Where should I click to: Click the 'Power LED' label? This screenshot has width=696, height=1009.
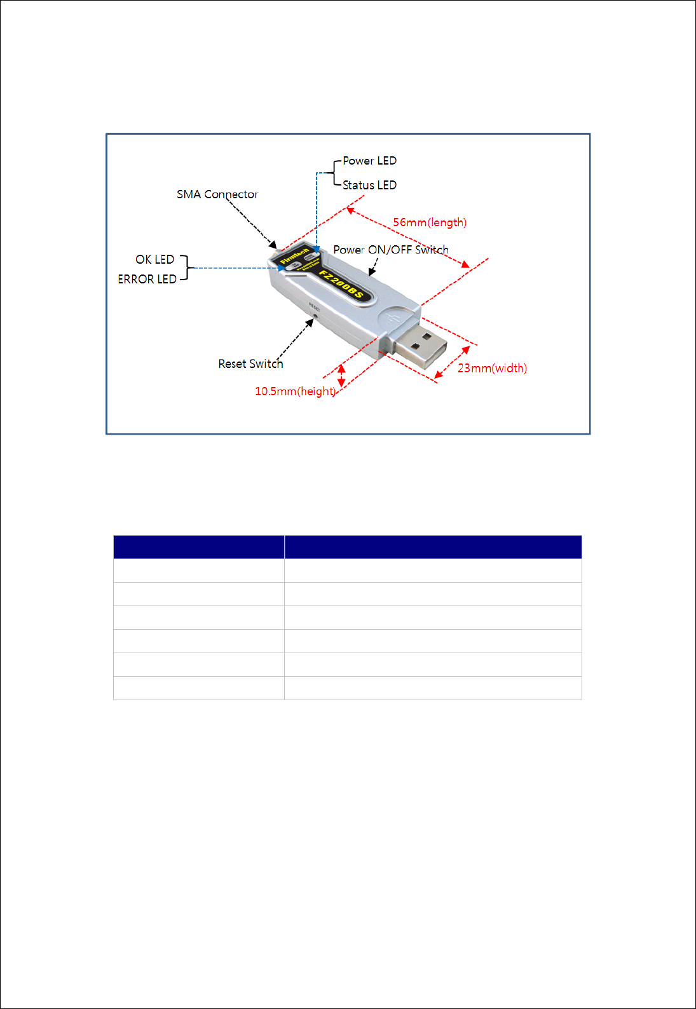(369, 161)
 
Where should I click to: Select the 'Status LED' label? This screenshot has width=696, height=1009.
(369, 185)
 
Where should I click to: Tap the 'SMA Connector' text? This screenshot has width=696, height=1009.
(217, 194)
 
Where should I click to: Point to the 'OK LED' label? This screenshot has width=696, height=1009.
(154, 259)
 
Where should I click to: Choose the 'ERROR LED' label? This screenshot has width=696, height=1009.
(147, 279)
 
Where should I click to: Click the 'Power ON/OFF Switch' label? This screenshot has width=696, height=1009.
(391, 250)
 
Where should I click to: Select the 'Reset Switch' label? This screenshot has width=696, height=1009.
(250, 363)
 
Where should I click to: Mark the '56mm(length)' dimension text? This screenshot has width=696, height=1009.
(430, 222)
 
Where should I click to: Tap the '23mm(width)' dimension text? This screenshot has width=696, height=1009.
(492, 368)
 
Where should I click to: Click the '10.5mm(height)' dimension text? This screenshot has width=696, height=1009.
(295, 391)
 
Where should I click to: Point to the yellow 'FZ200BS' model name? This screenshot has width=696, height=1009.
(341, 284)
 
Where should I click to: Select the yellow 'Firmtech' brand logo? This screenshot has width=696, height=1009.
(294, 256)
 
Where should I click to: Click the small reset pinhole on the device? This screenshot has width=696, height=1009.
(315, 314)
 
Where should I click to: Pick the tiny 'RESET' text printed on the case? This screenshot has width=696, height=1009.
(314, 306)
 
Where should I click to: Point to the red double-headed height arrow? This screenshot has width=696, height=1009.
(341, 375)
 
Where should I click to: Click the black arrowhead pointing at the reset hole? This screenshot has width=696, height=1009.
(310, 322)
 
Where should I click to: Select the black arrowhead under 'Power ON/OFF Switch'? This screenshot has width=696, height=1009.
(372, 272)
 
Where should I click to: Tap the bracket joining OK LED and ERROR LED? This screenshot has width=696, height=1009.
(186, 268)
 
